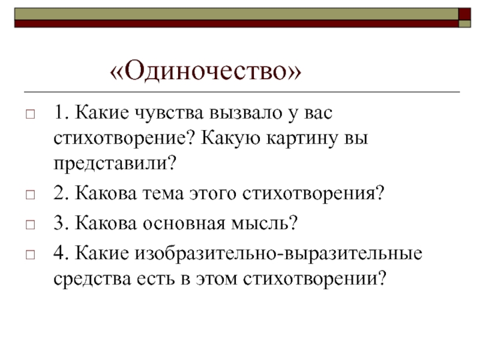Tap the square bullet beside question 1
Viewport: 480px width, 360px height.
point(31,115)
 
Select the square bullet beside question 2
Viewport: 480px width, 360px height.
point(31,194)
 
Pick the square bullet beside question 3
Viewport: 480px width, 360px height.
point(31,224)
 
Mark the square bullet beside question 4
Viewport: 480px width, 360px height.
point(31,254)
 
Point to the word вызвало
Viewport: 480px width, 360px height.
point(246,112)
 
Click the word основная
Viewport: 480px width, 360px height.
point(184,223)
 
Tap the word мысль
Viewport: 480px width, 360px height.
point(260,223)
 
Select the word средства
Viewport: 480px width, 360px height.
point(92,279)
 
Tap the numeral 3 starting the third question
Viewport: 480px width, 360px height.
point(58,223)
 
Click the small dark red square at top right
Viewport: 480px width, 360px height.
point(464,14)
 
